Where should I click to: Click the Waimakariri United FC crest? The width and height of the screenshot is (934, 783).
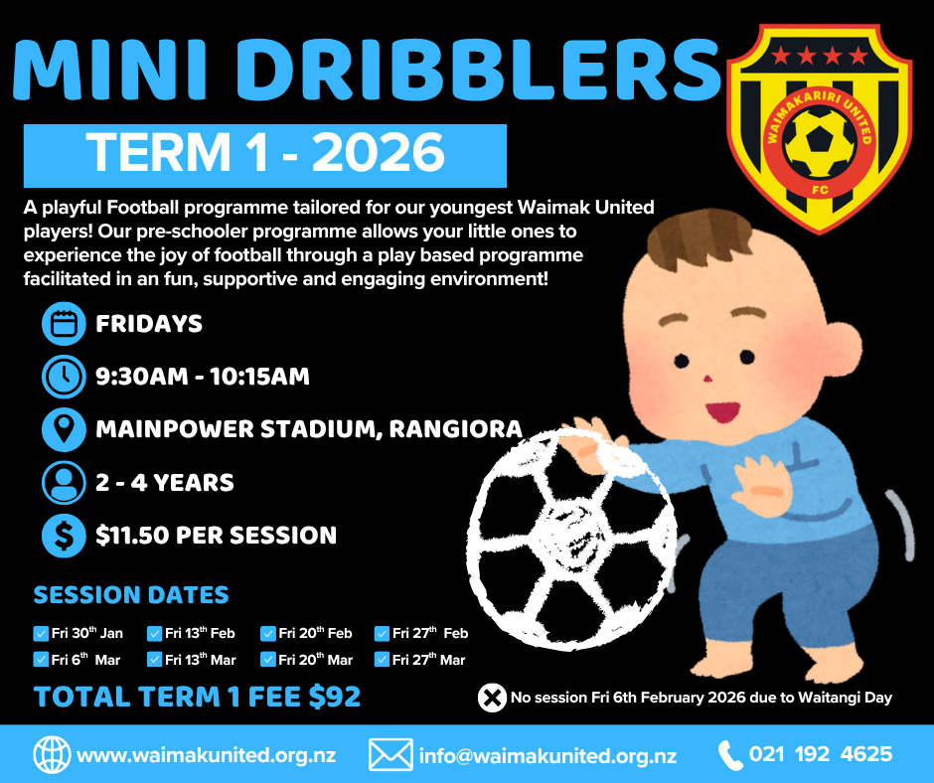[819, 129]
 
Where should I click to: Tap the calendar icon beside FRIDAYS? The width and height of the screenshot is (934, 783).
[64, 324]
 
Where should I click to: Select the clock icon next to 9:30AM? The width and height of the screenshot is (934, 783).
[64, 377]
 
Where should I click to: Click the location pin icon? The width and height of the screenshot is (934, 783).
[64, 429]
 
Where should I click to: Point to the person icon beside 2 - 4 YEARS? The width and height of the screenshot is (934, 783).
[64, 482]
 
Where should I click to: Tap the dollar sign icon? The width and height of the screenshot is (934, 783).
[64, 536]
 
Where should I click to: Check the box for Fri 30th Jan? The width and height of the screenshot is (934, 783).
[41, 633]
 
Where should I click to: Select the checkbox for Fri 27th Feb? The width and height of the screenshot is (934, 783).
[382, 633]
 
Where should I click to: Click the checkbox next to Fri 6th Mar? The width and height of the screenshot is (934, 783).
[41, 660]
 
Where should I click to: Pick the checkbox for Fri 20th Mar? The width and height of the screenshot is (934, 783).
[268, 660]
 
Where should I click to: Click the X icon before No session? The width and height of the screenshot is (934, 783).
[492, 698]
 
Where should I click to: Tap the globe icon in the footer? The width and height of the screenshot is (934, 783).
[52, 755]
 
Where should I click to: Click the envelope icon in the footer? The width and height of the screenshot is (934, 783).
[390, 755]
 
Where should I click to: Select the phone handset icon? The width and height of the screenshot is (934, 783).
[729, 755]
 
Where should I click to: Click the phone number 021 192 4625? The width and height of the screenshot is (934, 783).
[821, 754]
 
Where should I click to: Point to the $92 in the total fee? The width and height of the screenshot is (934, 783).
[335, 697]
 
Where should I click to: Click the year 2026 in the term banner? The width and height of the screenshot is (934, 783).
[379, 152]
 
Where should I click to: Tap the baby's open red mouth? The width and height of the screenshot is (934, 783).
[722, 411]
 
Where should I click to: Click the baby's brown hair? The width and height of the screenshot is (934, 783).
[699, 239]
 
